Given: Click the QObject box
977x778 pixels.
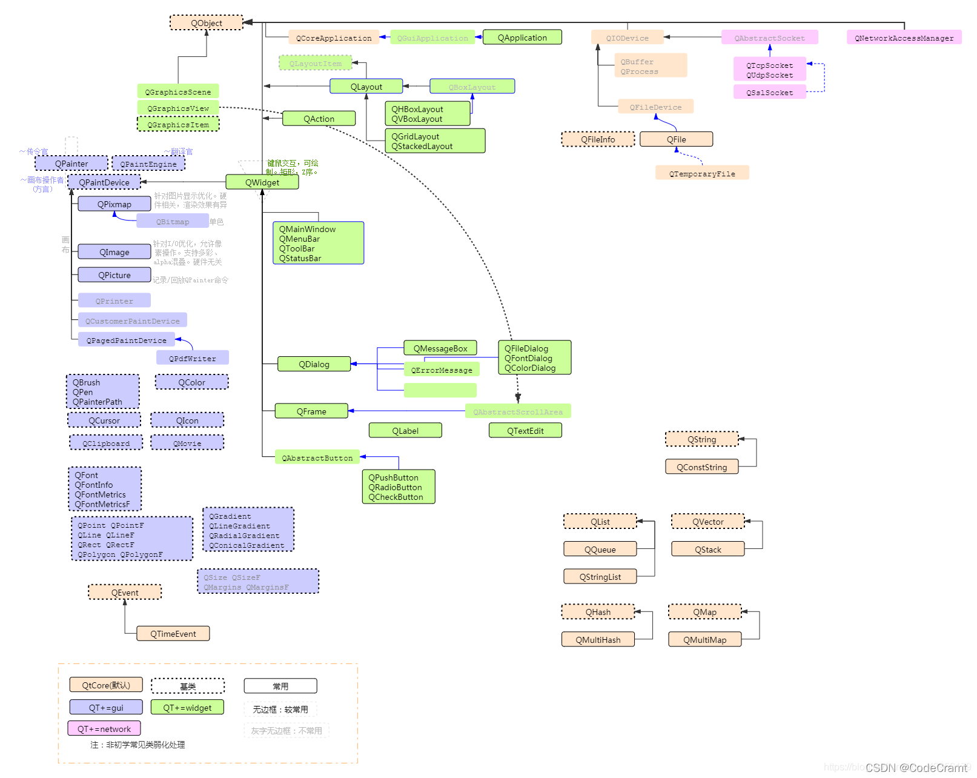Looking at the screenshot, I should [206, 23].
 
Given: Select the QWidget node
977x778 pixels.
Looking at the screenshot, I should [262, 182].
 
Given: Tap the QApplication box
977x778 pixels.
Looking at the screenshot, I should [522, 38].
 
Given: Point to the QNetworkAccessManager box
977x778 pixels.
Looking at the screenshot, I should [904, 38].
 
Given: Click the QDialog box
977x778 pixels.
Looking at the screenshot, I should [314, 364].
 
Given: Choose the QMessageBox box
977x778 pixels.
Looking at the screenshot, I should [440, 348].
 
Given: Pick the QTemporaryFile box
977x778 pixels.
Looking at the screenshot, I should [702, 173].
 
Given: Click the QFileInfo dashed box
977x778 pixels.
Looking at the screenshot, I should [598, 139].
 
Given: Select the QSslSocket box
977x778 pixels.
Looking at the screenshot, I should [769, 92].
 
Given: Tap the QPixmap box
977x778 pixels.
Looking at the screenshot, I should [114, 204].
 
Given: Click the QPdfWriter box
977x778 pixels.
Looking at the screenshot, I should [192, 358].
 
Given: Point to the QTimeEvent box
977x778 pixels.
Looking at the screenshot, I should [173, 634].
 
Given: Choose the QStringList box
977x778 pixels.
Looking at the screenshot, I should [600, 577].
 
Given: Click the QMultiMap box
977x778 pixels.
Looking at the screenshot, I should [704, 640].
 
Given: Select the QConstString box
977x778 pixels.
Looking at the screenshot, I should [701, 467].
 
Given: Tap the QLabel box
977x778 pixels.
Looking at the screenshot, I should [405, 431].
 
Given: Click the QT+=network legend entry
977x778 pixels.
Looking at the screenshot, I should [104, 729].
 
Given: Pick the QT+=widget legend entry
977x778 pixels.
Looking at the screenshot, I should [187, 708].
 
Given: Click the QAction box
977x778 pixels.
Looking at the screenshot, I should [319, 119].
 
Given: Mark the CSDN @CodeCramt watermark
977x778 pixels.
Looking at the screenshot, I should [916, 768].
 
